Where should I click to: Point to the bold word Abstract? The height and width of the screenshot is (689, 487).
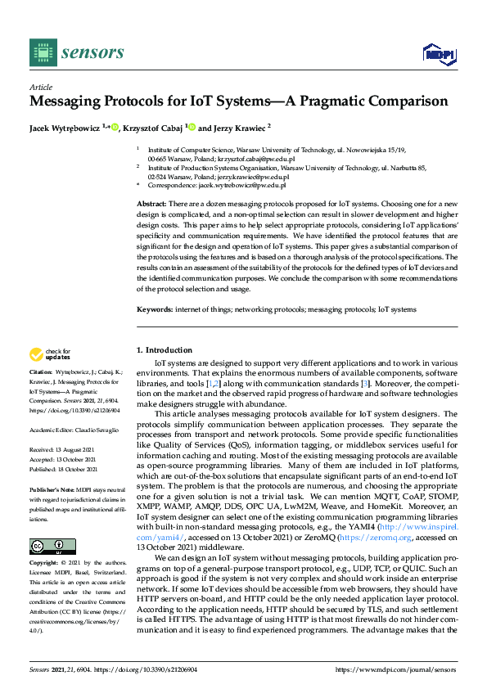pos(151,202)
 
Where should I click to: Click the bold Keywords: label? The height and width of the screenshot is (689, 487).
pos(155,309)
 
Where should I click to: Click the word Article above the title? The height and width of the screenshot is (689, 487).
pos(41,87)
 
